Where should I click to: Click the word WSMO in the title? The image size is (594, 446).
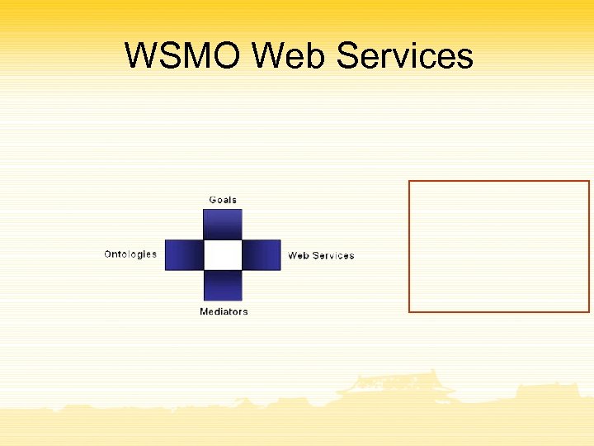click(x=183, y=56)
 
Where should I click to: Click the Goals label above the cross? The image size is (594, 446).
click(x=223, y=200)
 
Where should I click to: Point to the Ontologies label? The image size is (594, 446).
click(x=130, y=254)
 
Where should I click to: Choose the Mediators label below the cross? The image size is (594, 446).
click(x=224, y=311)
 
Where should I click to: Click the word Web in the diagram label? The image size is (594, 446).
click(x=299, y=255)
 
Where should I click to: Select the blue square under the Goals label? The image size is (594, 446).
click(x=223, y=223)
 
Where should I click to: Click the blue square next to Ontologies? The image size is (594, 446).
click(x=184, y=254)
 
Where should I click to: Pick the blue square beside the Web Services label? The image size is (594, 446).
click(x=262, y=254)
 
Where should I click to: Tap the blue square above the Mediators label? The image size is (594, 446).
click(x=223, y=285)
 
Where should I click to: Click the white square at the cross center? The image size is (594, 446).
click(x=223, y=254)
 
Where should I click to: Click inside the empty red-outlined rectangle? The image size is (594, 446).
click(x=499, y=246)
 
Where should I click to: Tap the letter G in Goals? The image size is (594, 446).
click(x=213, y=200)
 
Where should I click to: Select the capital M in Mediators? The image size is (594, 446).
click(x=204, y=311)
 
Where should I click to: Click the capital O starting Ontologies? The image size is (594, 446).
click(x=108, y=254)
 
